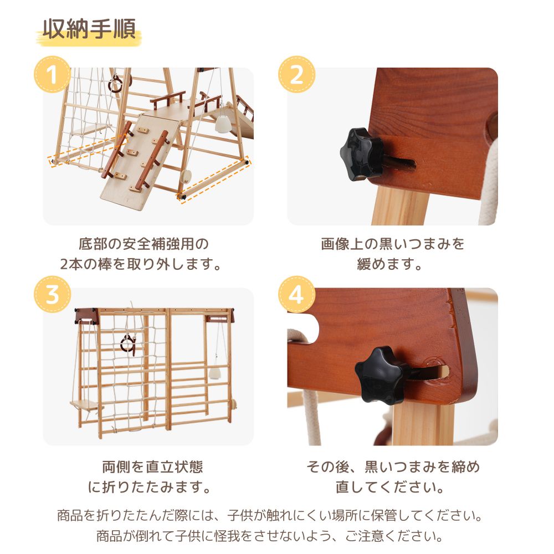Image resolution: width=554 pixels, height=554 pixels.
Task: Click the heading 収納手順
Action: pyautogui.click(x=89, y=29)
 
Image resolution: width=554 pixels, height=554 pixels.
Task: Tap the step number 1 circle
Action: pyautogui.click(x=52, y=75)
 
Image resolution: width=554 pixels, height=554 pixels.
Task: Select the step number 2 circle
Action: pyautogui.click(x=296, y=75)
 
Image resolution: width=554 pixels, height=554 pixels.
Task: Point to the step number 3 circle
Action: pyautogui.click(x=52, y=294)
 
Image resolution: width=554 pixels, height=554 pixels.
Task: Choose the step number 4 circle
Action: pyautogui.click(x=296, y=294)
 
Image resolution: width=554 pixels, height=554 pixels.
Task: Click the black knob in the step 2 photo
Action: pyautogui.click(x=361, y=155)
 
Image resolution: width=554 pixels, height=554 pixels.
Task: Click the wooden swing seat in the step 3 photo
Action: pyautogui.click(x=86, y=405)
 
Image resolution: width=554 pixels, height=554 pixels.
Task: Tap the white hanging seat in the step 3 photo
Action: pyautogui.click(x=214, y=373)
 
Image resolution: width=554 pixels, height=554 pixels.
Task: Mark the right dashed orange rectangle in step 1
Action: pyautogui.click(x=213, y=179)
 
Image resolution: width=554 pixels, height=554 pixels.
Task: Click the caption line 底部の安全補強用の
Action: pyautogui.click(x=143, y=244)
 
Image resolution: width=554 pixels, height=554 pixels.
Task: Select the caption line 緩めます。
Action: pyautogui.click(x=389, y=264)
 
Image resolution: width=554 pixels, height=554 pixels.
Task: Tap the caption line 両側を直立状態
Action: pyautogui.click(x=153, y=466)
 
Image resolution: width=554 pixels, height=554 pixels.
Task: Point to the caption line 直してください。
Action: pyautogui.click(x=389, y=487)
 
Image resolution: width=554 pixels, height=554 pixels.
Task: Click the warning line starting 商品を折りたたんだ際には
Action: pyautogui.click(x=270, y=515)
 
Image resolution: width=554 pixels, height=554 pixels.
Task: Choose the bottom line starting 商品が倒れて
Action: pyautogui.click(x=270, y=536)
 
